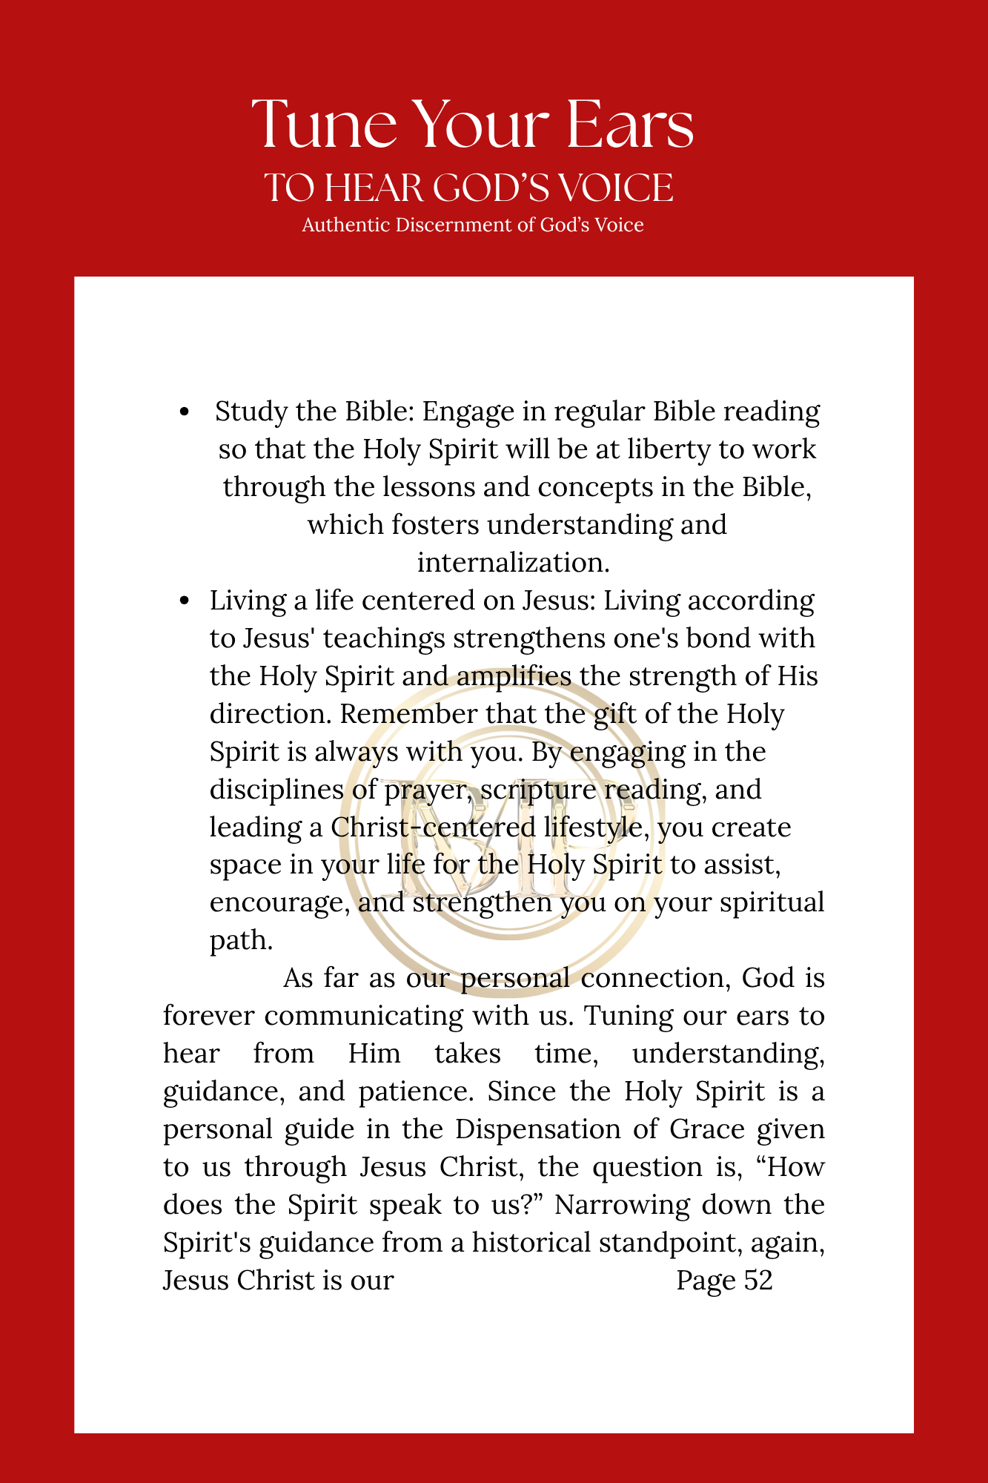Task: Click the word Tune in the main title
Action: click(325, 125)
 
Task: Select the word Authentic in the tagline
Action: click(345, 225)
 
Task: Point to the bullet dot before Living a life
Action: click(185, 601)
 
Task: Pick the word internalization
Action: click(513, 563)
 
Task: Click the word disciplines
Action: click(277, 790)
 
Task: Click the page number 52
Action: click(758, 1281)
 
